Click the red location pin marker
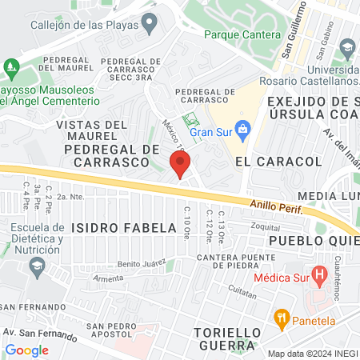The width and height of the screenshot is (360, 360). [x=180, y=165]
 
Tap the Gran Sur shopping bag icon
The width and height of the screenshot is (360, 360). [x=245, y=130]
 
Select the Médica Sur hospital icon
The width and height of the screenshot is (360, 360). [x=320, y=278]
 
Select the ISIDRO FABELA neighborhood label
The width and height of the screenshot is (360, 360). [x=123, y=228]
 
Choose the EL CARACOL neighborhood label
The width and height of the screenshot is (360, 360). [x=266, y=161]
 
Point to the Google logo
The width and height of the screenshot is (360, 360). [x=26, y=350]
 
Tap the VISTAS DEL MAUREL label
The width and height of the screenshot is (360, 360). [x=91, y=130]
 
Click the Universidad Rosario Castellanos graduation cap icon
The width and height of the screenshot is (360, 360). [x=347, y=50]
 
